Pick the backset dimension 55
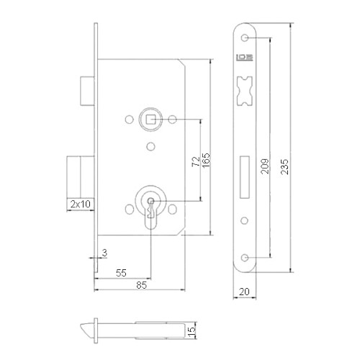[x=123, y=273]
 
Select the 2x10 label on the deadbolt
[x=80, y=204]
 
